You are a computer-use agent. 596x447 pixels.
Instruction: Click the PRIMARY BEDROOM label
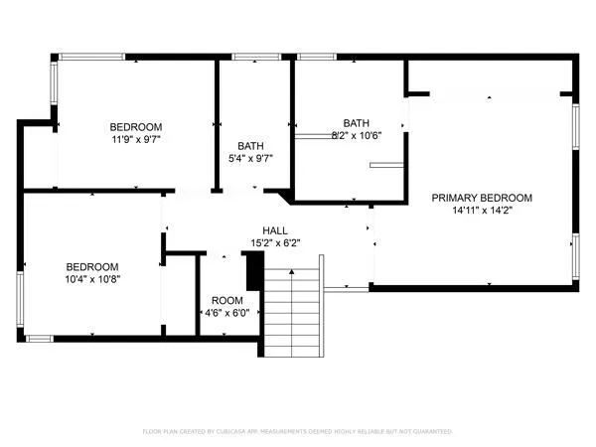click(x=482, y=197)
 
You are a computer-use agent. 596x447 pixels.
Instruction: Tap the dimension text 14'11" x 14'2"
click(x=482, y=210)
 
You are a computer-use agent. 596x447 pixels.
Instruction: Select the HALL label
click(x=275, y=228)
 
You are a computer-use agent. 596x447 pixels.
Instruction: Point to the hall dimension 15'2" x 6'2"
click(x=275, y=241)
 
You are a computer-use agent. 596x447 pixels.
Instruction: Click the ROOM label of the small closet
click(x=227, y=300)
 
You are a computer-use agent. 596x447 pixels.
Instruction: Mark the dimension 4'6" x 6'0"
click(x=227, y=313)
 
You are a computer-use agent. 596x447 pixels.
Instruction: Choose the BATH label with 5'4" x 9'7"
click(x=250, y=145)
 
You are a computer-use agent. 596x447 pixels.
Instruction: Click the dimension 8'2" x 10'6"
click(x=356, y=135)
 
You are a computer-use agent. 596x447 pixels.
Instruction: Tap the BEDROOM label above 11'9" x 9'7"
click(x=136, y=126)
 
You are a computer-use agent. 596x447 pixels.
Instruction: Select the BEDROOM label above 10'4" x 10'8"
click(x=92, y=266)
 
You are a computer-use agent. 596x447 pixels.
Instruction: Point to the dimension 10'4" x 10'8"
click(x=92, y=279)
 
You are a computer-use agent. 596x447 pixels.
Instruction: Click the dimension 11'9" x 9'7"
click(x=136, y=140)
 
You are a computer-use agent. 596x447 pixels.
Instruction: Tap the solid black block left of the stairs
click(x=253, y=269)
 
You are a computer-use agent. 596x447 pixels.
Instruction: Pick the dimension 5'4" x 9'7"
click(x=250, y=158)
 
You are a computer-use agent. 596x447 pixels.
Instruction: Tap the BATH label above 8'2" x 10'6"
click(x=356, y=122)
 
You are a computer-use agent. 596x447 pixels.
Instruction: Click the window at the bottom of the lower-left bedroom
click(x=39, y=339)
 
